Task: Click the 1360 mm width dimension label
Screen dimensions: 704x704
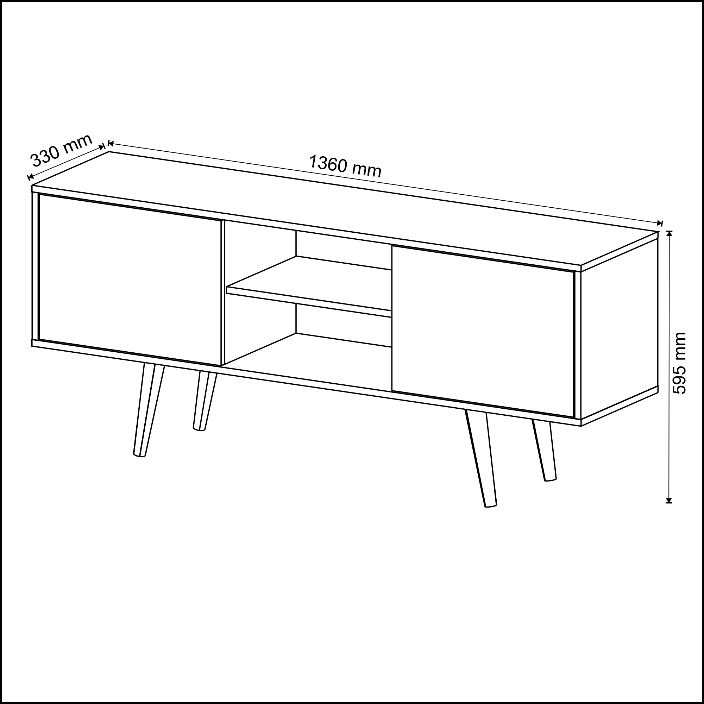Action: click(345, 166)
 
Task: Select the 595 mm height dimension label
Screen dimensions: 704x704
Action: click(679, 363)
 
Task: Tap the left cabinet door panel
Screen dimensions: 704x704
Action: click(130, 280)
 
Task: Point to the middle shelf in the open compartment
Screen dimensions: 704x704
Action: click(309, 287)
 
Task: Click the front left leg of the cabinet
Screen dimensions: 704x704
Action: click(149, 410)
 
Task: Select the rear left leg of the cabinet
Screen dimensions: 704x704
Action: click(205, 401)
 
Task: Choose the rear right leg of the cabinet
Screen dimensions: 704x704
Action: click(545, 451)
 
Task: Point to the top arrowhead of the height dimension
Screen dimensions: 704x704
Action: click(669, 234)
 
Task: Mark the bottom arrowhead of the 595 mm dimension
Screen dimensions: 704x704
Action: click(669, 500)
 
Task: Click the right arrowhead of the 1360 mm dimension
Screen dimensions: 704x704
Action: click(659, 224)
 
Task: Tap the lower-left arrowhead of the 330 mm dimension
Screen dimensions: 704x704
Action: click(31, 177)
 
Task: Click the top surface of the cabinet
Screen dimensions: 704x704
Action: click(345, 208)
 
